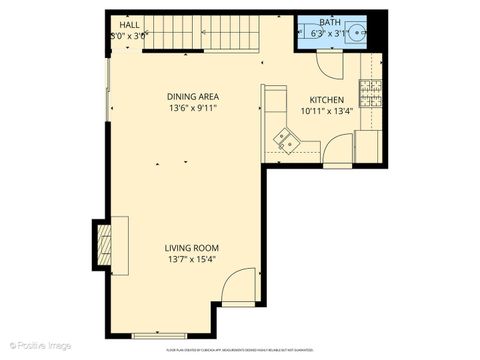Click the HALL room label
point(129,25)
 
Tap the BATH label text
point(329,23)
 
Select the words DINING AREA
point(192,97)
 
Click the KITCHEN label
point(327,100)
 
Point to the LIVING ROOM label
point(192,248)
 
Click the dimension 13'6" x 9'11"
point(192,108)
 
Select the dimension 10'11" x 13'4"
point(327,111)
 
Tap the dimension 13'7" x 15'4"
point(192,259)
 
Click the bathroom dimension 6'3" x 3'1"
point(329,33)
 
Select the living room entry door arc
point(239,290)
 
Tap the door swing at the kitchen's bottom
point(340,151)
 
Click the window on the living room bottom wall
point(159,334)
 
